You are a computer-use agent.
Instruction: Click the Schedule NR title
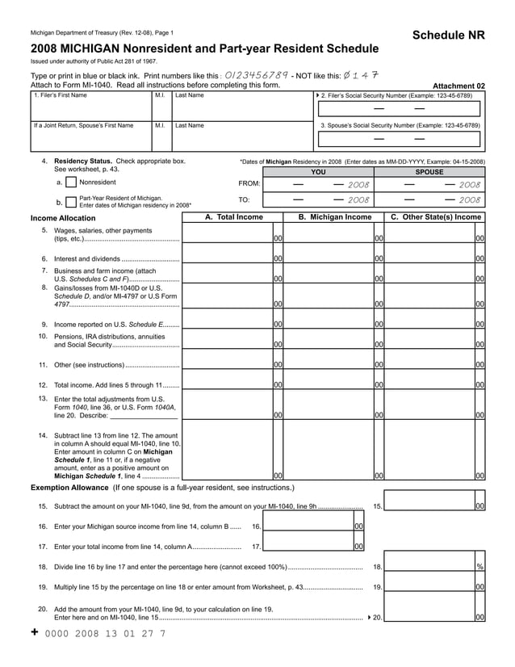tap(449, 36)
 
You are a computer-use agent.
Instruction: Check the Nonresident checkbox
tap(70, 182)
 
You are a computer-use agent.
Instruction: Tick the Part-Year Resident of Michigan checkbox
tap(70, 201)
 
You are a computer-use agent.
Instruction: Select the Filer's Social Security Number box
tap(399, 109)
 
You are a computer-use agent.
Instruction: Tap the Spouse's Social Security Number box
tap(399, 140)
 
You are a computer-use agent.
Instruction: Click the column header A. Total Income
tap(233, 217)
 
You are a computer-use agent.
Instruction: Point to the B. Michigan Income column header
tap(334, 217)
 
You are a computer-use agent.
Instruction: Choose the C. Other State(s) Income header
tap(435, 217)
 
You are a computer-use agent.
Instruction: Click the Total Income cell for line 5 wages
tap(227, 234)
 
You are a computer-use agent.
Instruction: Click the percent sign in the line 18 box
tap(479, 567)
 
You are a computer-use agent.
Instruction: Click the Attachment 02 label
tap(458, 86)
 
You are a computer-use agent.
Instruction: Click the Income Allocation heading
tap(63, 218)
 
